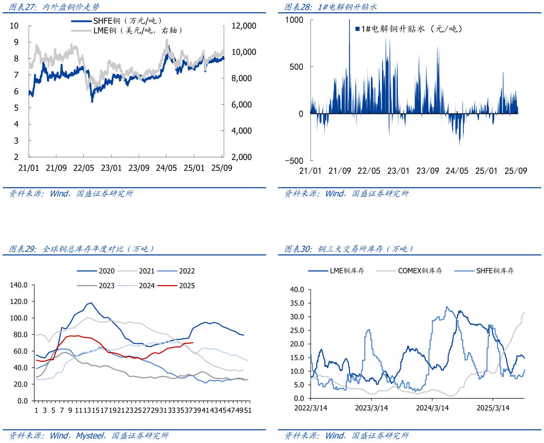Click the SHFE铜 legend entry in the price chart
point(120,21)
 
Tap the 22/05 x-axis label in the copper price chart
point(84,168)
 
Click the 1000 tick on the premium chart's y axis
point(294,19)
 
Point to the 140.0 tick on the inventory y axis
point(19,285)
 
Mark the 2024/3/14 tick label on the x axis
point(433,408)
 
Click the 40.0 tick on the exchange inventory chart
point(296,289)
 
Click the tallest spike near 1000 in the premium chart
point(349,21)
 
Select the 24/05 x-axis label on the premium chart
point(457,171)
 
